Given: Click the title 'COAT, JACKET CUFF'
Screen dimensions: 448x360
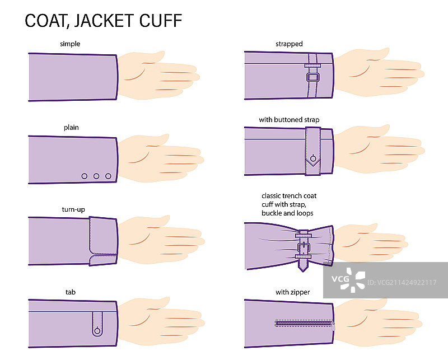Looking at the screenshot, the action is coord(104,21).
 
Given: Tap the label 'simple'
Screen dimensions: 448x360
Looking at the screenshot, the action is coord(70,44).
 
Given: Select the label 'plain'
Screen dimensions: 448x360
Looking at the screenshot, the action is coord(71,128).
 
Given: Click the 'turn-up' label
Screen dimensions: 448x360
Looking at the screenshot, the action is coord(73,209).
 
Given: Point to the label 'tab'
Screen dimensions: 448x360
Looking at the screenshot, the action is coord(71,292).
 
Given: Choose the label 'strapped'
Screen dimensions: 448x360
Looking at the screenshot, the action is coord(289,44).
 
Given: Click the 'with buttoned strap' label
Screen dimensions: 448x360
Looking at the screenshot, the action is coord(289,120).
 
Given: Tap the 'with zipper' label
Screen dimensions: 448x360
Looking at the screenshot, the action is coord(292,292).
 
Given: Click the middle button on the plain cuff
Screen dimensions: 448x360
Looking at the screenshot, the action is coord(96,176).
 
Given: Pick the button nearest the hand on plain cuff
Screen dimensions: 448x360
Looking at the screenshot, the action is coord(108,176).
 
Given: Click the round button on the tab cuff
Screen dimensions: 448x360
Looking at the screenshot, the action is coord(97,331).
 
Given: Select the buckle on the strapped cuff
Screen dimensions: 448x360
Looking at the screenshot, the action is coord(313,77).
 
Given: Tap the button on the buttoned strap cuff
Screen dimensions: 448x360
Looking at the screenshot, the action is coord(313,158).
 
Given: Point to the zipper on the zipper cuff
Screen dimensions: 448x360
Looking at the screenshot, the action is coord(305,324).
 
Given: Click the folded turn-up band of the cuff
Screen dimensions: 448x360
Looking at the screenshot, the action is coord(103,241).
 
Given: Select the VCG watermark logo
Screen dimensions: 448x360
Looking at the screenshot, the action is coord(348,280).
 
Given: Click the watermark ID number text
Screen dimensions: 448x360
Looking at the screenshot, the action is coord(402,283).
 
